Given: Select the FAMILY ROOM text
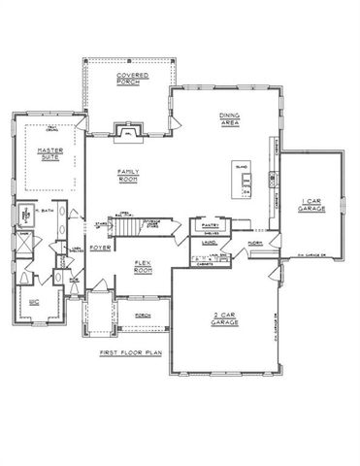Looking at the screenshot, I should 130,174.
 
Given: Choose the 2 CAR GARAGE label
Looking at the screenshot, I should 225,318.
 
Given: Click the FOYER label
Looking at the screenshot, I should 101,248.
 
